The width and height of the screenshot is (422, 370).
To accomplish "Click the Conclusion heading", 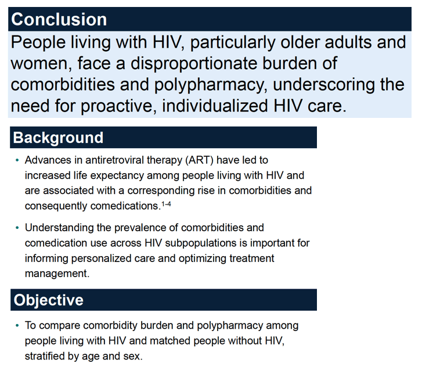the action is (x=59, y=19).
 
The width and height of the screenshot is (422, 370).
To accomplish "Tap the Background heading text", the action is (x=58, y=138).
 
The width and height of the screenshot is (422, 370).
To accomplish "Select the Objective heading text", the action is (x=48, y=300).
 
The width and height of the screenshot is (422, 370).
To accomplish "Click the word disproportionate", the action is (x=194, y=63).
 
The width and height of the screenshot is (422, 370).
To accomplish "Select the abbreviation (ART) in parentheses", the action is (x=199, y=160).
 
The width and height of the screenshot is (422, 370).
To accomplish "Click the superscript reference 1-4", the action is (x=166, y=204).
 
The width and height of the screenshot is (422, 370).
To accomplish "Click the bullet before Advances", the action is (x=17, y=160).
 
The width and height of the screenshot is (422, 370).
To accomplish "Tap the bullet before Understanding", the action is (x=17, y=228).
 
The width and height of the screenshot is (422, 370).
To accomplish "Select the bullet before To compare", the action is (x=17, y=326).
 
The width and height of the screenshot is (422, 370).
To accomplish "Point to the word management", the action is (x=57, y=274).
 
